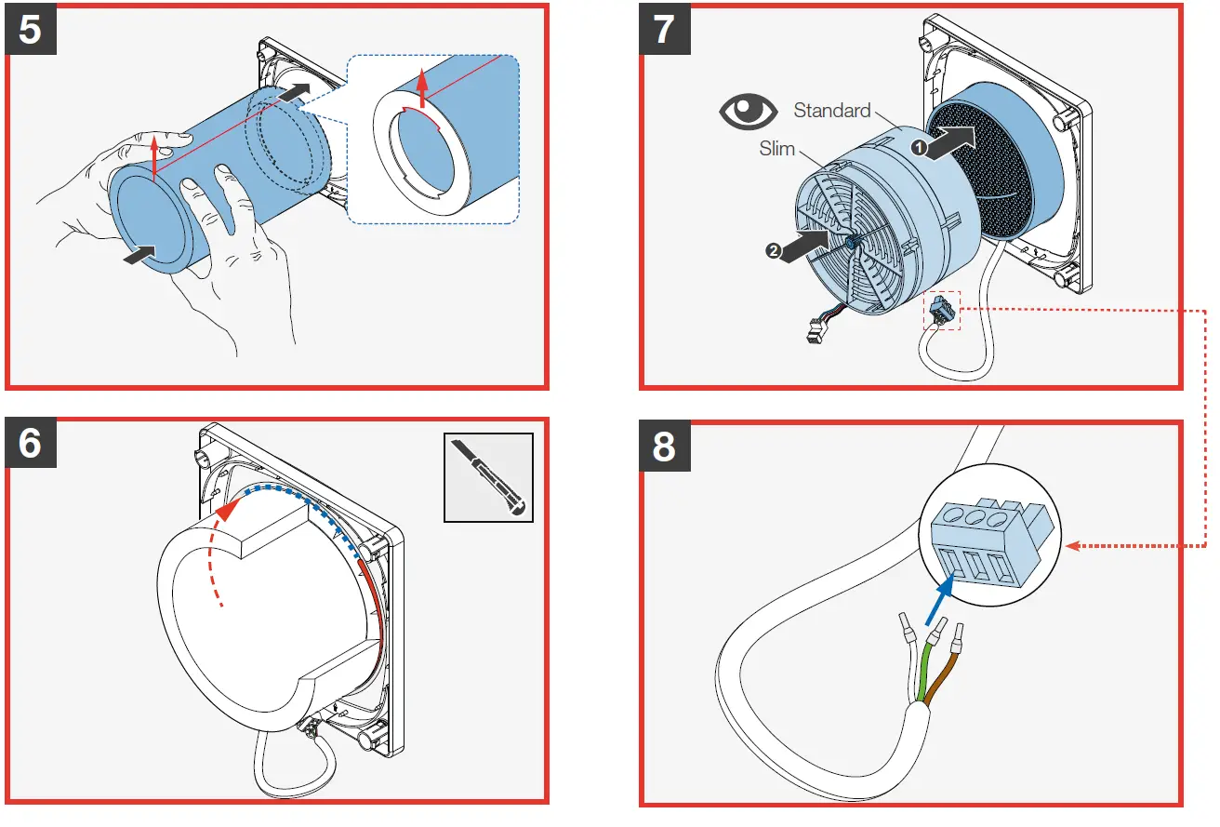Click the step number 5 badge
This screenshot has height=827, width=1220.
pos(31,30)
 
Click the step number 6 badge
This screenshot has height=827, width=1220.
pos(31,443)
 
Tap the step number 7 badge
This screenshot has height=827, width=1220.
pos(664,30)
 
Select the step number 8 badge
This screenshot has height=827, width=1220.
pos(664,447)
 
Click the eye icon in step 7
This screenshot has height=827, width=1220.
pos(749,113)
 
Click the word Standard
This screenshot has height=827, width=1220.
pos(831,111)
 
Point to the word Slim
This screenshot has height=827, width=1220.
pos(776,149)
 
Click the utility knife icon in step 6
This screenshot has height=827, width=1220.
pos(489,477)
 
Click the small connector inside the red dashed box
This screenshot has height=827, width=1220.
pos(941,311)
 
